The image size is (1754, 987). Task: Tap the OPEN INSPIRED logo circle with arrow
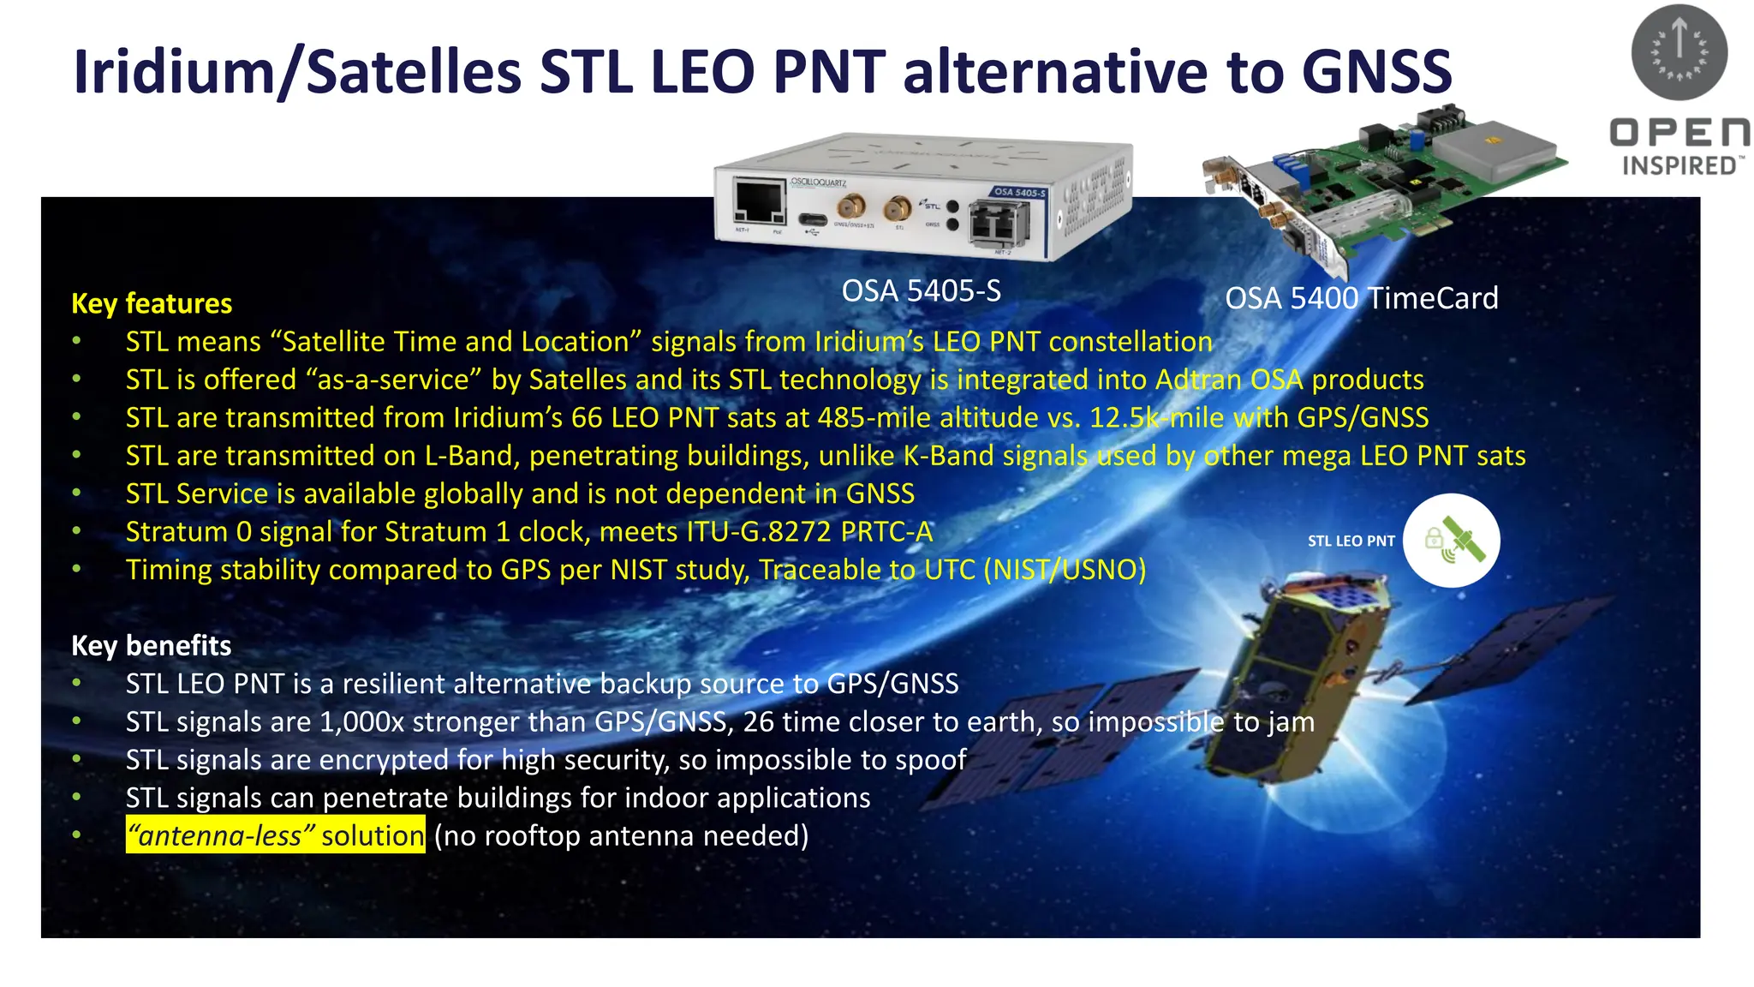1679,51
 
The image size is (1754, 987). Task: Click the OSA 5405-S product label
921,291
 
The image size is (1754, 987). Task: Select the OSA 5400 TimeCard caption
1361,298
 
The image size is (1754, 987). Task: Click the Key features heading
152,303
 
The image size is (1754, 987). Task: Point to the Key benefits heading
151,645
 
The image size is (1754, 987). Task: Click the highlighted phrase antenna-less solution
275,835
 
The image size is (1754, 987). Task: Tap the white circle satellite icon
1451,541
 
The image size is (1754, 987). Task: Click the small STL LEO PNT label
1351,541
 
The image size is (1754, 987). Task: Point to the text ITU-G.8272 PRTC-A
809,532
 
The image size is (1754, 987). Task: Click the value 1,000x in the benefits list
361,721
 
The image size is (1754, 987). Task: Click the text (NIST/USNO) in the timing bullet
1065,570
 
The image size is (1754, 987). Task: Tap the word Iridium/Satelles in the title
297,72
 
